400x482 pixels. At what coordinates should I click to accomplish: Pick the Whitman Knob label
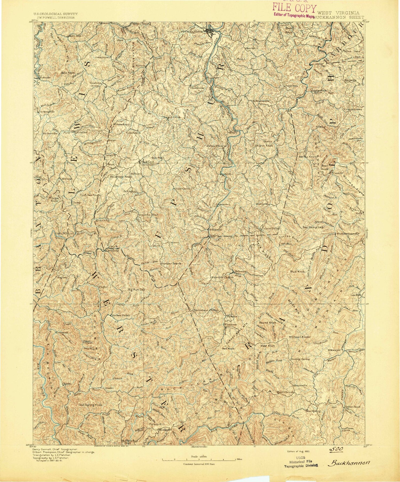(300, 337)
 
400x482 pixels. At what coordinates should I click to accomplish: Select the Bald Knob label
(68, 73)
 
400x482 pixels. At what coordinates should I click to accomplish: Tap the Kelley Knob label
(307, 157)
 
